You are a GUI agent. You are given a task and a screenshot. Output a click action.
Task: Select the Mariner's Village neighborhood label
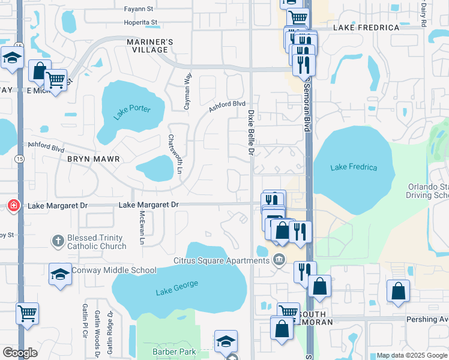tap(150, 46)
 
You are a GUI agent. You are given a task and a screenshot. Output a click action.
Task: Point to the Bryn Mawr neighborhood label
tap(93, 159)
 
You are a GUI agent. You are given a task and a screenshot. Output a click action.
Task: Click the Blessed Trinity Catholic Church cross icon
tap(58, 241)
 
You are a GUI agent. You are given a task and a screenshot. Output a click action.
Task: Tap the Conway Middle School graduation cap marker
tap(60, 275)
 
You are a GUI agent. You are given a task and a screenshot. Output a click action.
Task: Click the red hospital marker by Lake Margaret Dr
tap(13, 206)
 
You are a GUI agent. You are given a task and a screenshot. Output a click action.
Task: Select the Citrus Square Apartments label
tap(221, 260)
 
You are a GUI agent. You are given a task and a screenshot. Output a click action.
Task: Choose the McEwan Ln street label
tap(142, 227)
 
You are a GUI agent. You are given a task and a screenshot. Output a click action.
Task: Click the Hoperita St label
tap(140, 22)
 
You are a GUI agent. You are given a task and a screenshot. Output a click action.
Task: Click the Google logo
tap(20, 353)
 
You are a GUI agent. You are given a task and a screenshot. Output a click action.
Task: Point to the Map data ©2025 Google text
tap(412, 355)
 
